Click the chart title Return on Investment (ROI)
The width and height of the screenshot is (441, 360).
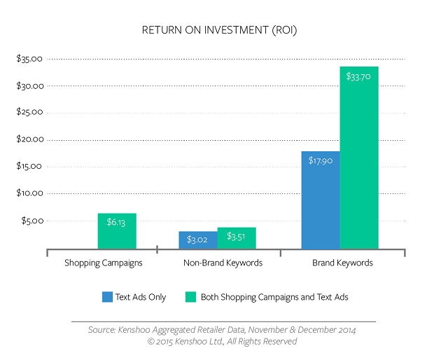[x=220, y=30]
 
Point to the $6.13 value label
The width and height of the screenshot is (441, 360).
[x=117, y=222]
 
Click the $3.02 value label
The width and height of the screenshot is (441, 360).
[x=198, y=240]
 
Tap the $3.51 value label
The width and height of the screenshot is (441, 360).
[x=237, y=236]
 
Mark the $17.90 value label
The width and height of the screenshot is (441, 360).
[x=321, y=160]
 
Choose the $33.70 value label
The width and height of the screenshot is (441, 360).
[x=359, y=76]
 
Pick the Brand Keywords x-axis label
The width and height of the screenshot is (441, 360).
[x=342, y=263]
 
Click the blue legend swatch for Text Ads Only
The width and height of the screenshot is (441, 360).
[x=106, y=297]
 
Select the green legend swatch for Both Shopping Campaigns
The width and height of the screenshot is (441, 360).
[x=189, y=297]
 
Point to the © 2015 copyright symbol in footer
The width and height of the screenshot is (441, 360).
[x=150, y=342]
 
